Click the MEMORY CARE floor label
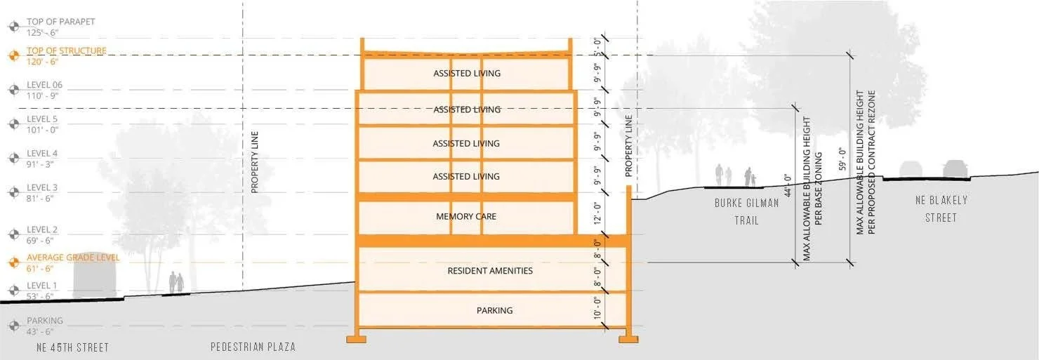(466, 216)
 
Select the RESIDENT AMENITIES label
(490, 271)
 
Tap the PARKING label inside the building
(494, 310)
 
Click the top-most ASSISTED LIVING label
(467, 74)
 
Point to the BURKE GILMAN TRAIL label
(737, 211)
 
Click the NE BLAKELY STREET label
(941, 209)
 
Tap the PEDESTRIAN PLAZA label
(253, 347)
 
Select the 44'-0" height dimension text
(788, 187)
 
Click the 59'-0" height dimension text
(842, 159)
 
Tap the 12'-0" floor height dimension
(597, 213)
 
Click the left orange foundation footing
(356, 339)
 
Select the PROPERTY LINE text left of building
(255, 162)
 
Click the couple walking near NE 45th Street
(176, 284)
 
